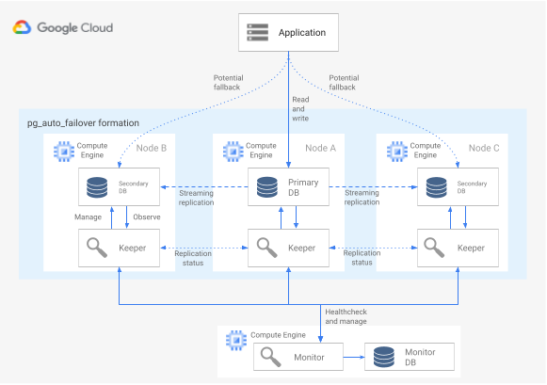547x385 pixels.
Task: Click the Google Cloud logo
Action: point(62,28)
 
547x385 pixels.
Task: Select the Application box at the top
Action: point(287,33)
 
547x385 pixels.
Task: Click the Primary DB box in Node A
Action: point(287,187)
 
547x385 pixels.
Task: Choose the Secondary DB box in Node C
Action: point(452,187)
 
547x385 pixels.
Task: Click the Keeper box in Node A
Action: point(287,248)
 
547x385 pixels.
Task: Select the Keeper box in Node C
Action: point(452,248)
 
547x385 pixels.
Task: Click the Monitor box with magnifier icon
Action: point(296,357)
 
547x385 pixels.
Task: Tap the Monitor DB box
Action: point(410,357)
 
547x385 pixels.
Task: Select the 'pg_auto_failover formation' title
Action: point(84,122)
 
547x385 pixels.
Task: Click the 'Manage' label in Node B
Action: point(88,217)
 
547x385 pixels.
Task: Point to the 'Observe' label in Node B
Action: point(146,217)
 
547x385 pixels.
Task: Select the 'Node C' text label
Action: point(485,148)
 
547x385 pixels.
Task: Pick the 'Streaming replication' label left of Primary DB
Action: point(196,198)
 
